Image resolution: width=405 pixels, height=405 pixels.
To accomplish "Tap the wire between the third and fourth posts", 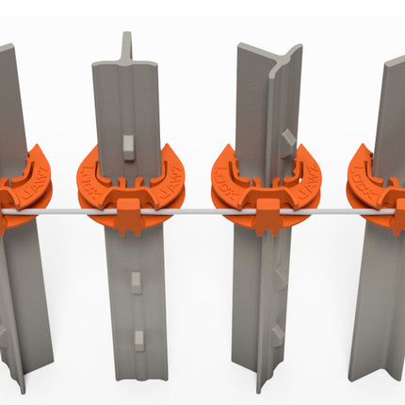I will [x=325, y=214].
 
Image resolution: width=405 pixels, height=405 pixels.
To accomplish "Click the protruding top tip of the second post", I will [x=127, y=42].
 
